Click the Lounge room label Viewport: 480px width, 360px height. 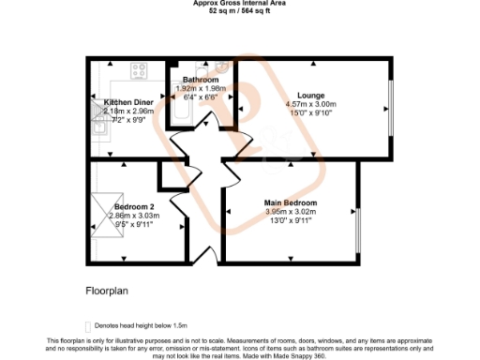[x=310, y=95]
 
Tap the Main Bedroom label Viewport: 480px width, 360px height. [x=291, y=203]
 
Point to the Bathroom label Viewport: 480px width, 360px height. [x=201, y=80]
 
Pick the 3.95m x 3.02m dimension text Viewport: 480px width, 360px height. [x=291, y=212]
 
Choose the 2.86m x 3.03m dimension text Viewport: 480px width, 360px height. [x=134, y=216]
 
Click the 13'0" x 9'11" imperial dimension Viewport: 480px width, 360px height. [x=291, y=220]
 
